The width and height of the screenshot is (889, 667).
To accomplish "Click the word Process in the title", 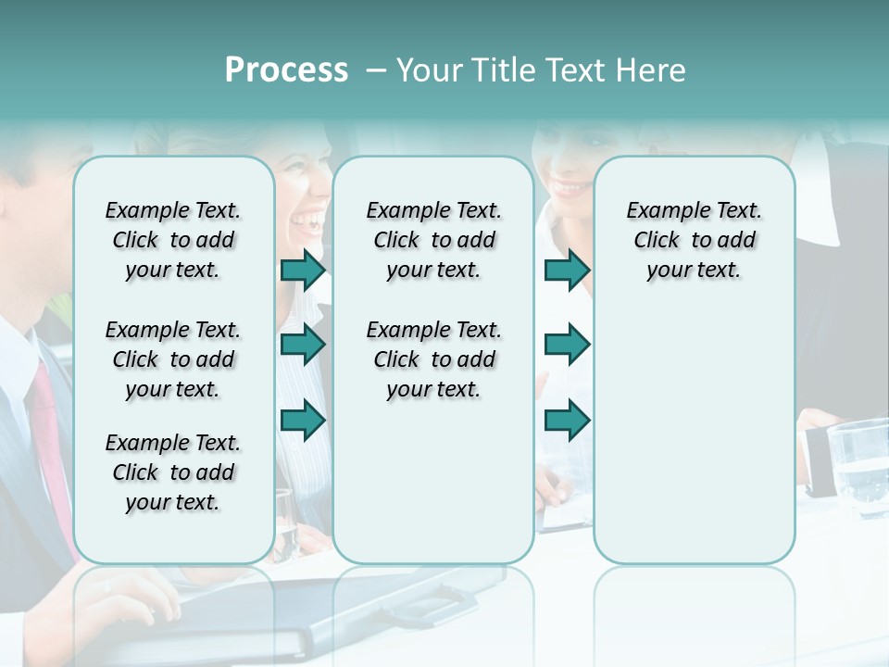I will [286, 70].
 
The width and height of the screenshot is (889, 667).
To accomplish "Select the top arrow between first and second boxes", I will [303, 271].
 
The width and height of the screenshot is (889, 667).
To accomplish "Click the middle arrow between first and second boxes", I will [303, 346].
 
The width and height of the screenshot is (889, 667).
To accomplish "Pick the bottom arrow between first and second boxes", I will [303, 422].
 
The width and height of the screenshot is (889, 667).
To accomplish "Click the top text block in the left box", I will [173, 240].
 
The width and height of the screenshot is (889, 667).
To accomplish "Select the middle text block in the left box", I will [173, 359].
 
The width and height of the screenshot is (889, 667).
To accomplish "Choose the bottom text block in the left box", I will [173, 472].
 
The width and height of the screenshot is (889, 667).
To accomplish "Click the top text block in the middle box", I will [433, 240].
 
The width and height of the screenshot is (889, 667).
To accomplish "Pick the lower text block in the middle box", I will [433, 359].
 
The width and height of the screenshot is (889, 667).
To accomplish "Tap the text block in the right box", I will [694, 240].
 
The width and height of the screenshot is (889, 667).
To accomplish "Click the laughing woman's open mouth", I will [307, 220].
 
